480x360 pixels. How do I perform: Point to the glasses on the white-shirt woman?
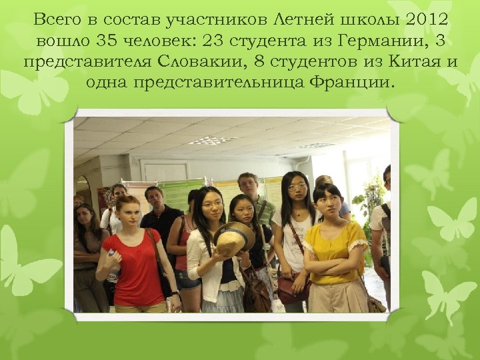pyautogui.click(x=296, y=189)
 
